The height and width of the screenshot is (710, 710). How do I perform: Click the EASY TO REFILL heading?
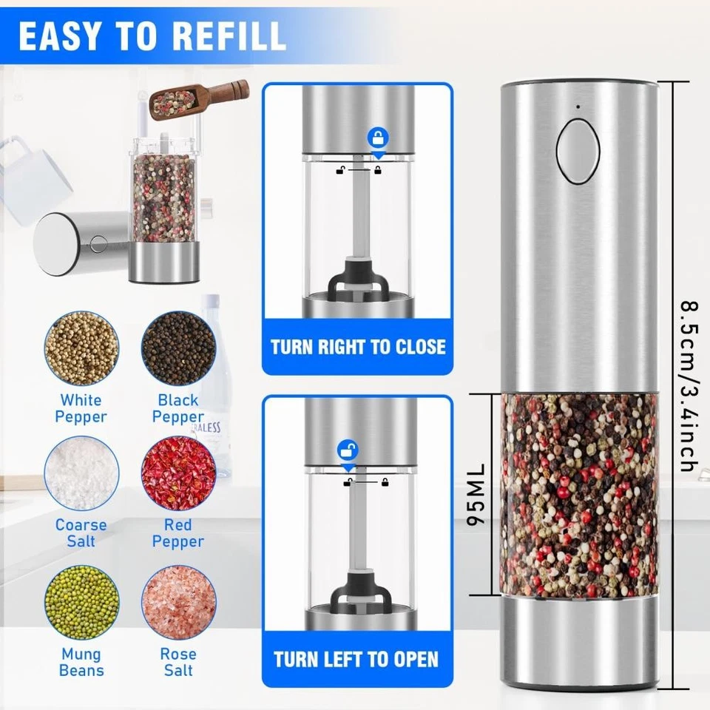click(x=152, y=35)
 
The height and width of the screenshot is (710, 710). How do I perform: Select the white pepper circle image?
click(x=81, y=348)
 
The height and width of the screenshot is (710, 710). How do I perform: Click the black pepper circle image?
click(x=178, y=348)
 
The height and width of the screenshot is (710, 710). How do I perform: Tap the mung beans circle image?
click(x=81, y=602)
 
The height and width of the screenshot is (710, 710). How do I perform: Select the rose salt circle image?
click(x=178, y=602)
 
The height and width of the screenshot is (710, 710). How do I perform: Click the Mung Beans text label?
click(x=81, y=663)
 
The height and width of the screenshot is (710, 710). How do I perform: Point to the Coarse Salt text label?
click(x=81, y=532)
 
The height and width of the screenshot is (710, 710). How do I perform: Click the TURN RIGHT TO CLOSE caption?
click(x=358, y=347)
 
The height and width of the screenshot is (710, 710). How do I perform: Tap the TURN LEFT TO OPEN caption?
click(x=356, y=659)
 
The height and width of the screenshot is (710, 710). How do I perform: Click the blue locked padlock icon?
click(x=379, y=138)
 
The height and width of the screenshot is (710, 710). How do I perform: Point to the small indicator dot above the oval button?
click(x=578, y=106)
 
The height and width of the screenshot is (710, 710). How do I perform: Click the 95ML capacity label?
click(x=476, y=495)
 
